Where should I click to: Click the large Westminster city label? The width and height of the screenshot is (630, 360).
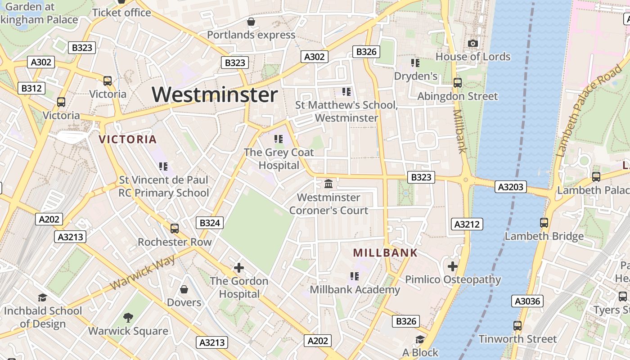215,95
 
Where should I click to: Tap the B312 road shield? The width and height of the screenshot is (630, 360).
31,88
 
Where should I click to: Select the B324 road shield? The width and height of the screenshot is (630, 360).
210,222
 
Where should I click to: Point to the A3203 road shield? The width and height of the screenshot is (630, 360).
511,186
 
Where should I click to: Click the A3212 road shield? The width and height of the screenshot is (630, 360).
467,224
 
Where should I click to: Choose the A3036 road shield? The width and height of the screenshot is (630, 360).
527,301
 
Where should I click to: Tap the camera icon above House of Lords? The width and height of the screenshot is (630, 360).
472,43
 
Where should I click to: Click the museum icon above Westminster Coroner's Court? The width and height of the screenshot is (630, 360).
328,184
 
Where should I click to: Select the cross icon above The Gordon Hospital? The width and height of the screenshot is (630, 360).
238,268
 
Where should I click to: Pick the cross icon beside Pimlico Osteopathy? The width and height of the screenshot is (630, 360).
452,266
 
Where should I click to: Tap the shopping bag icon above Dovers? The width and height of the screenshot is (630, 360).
184,289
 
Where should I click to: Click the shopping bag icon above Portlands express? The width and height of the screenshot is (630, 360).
251,22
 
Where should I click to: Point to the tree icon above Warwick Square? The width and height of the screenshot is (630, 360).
128,318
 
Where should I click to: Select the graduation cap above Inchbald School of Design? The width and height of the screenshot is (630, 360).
42,297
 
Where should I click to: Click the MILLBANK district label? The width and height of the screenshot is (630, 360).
385,253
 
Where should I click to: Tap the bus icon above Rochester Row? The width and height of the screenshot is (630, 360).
175,229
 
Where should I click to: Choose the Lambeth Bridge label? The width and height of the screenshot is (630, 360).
544,236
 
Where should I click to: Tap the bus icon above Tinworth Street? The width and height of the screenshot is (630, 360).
517,325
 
